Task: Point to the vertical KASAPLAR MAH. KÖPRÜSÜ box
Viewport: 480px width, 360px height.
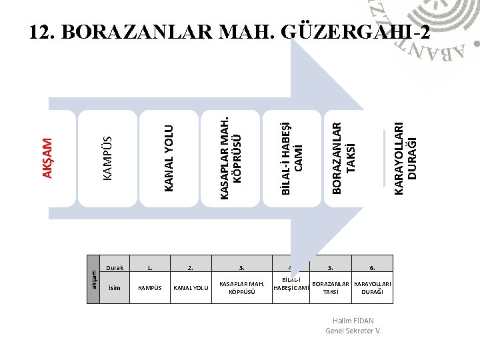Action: (x=228, y=159)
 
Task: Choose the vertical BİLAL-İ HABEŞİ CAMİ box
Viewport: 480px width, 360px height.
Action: (x=291, y=159)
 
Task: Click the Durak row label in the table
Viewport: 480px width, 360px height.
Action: (x=115, y=268)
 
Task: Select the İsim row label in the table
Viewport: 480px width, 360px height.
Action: (x=115, y=288)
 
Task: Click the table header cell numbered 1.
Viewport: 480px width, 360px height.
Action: (x=150, y=268)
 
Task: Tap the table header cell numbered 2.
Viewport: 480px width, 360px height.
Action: (x=191, y=268)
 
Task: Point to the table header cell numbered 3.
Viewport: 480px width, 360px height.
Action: (x=242, y=268)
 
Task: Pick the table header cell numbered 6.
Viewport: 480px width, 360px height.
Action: (x=373, y=268)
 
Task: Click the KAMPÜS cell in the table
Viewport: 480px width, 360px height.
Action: (x=150, y=288)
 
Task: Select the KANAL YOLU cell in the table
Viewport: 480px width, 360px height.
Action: (x=191, y=288)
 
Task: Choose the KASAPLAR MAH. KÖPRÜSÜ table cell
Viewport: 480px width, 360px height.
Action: (x=242, y=288)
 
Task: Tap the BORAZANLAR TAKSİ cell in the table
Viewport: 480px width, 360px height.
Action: (x=331, y=288)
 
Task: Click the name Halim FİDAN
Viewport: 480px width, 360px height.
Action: (x=353, y=321)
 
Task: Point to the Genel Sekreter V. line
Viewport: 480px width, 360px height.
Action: (x=353, y=331)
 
